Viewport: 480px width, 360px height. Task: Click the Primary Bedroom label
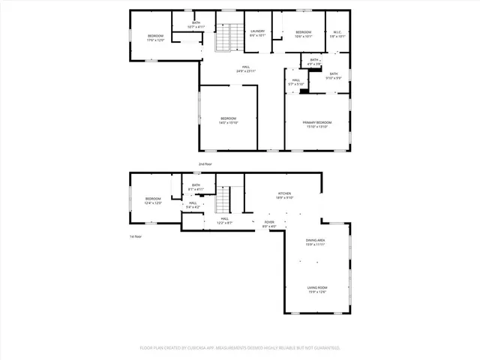(317, 124)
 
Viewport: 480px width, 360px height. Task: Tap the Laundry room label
(258, 33)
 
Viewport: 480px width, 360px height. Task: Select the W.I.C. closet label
(337, 33)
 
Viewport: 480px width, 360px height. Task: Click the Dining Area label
(315, 242)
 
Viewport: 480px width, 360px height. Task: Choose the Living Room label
(317, 289)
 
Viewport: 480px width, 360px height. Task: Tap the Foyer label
(269, 223)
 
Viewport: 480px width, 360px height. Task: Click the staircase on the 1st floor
(222, 201)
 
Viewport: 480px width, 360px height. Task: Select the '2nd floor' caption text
(205, 163)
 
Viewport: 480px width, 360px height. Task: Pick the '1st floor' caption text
(136, 236)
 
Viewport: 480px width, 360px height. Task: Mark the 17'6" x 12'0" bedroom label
(155, 37)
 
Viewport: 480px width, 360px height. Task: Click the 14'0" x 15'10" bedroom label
(228, 121)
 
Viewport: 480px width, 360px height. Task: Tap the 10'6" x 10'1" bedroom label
(303, 34)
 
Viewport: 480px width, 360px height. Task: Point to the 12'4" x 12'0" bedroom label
(153, 200)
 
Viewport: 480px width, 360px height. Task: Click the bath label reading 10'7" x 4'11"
(196, 25)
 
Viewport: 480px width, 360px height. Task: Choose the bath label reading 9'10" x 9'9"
(334, 75)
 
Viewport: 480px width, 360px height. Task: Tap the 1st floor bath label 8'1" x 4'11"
(196, 187)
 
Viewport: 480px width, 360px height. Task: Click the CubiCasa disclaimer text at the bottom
(240, 348)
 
